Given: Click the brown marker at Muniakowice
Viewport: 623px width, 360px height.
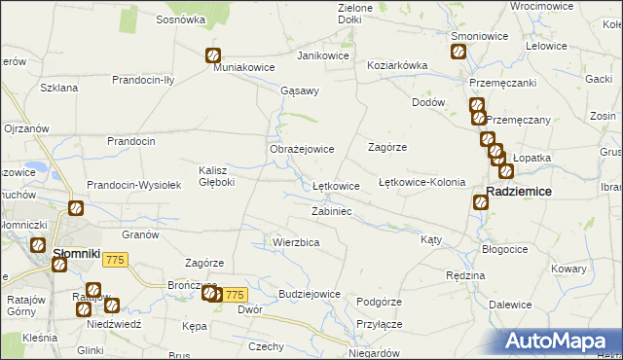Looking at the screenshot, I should click(x=212, y=56).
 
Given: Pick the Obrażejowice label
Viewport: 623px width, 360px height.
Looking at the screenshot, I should click(x=302, y=150).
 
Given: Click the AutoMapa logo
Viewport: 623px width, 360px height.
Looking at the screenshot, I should click(x=560, y=342).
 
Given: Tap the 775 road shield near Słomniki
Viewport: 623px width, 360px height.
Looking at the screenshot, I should click(x=116, y=259).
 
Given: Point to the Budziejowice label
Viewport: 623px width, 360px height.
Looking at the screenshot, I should click(x=309, y=294).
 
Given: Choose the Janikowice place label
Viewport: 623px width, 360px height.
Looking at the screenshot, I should click(x=323, y=55).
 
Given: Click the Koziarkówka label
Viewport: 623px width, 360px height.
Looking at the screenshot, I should click(x=397, y=65).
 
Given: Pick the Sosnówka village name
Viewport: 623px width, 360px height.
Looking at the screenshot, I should click(x=180, y=19).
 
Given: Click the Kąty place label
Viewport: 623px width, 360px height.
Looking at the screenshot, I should click(x=430, y=239).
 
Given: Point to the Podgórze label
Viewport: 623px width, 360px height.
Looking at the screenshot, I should click(x=379, y=302).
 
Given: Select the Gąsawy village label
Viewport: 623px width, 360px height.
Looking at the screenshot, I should click(x=299, y=90).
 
